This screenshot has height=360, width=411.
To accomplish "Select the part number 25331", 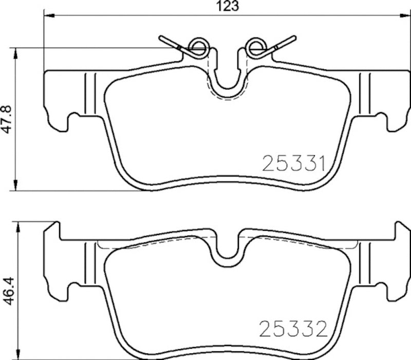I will [294, 164].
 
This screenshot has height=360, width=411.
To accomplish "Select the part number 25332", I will [294, 328].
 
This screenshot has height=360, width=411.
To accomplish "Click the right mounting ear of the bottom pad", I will [395, 267].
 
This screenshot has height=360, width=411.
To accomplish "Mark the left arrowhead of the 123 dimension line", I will [46, 16].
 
